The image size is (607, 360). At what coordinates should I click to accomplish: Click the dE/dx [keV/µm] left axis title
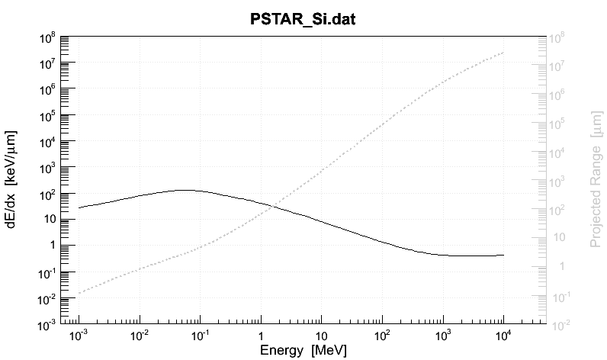point(13,180)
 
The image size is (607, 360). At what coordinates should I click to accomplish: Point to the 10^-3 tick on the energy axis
point(79,335)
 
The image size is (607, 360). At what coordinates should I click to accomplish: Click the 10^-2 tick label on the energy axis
point(139,335)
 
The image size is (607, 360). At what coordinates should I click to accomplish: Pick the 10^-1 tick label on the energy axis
point(200,335)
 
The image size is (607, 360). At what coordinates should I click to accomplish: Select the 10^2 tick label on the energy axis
point(381,335)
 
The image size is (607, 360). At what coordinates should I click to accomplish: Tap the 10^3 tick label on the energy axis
point(442,335)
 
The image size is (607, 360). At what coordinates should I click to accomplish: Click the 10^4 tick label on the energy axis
point(503,335)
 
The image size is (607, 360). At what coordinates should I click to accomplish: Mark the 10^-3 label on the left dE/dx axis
point(47,326)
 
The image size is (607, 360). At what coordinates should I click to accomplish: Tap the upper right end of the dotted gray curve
point(503,52)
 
